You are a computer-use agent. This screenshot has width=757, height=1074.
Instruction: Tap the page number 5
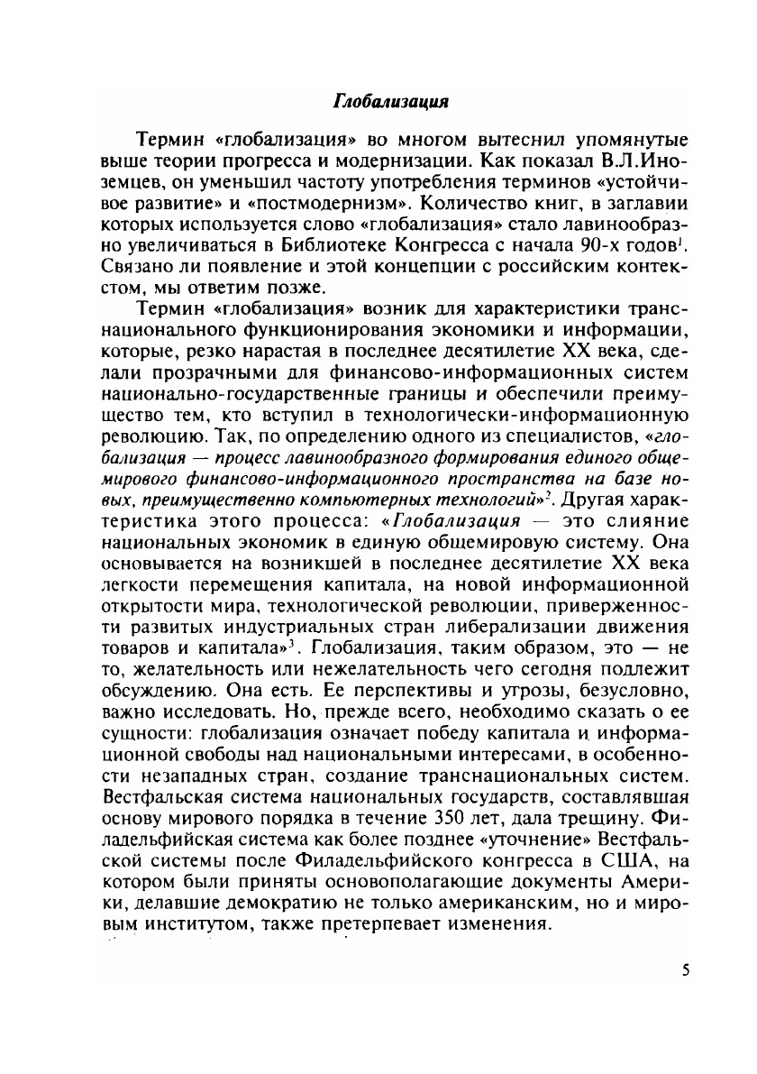click(x=686, y=970)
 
